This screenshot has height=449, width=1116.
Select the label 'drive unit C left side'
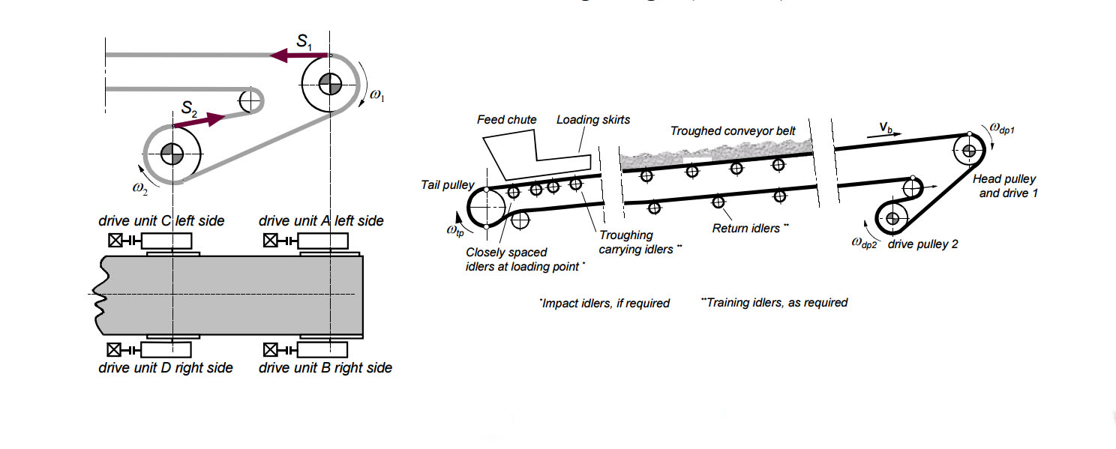click(161, 221)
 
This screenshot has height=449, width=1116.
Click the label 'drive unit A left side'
click(321, 221)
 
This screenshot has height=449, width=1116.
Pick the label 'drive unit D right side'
click(166, 368)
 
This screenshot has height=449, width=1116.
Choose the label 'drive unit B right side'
click(325, 368)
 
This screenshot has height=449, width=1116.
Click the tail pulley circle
click(487, 208)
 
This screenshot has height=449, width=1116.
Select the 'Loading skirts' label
click(593, 120)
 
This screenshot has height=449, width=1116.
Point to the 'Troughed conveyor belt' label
click(733, 131)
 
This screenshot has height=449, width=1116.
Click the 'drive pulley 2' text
click(922, 244)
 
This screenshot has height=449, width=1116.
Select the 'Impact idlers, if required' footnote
click(604, 304)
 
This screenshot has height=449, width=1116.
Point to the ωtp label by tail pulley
click(454, 230)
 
